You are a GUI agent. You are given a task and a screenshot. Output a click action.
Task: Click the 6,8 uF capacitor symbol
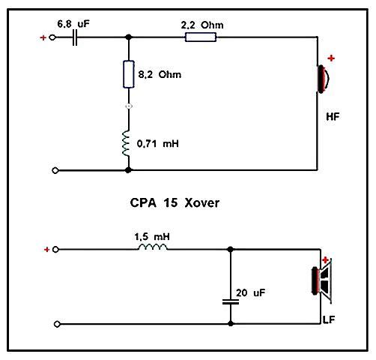pos(75,37)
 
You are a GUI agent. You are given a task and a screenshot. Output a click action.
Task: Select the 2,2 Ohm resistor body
pos(201,37)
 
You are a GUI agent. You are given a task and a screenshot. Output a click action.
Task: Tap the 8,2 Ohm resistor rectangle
pos(129,74)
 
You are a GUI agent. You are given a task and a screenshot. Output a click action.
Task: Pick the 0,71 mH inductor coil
pos(126,143)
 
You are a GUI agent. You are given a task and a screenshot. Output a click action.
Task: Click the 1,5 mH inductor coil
pos(153,247)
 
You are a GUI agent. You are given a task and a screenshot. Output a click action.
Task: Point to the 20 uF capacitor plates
pos(231,302)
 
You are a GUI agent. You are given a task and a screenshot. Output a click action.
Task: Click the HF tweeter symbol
pos(323,79)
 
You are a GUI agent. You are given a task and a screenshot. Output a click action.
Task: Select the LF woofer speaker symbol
pos(322,280)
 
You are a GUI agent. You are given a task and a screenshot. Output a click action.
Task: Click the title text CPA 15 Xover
pos(175,202)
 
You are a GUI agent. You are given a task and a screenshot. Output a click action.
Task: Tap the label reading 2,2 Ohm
pos(202,25)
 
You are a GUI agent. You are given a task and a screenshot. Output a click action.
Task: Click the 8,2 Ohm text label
pos(160,74)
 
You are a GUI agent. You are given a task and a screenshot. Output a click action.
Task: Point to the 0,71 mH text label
pos(158,144)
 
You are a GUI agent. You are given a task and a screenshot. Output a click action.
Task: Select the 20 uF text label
pos(250,292)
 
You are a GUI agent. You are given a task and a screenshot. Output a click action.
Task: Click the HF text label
pos(333,117)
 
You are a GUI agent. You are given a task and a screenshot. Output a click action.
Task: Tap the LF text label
pos(329,319)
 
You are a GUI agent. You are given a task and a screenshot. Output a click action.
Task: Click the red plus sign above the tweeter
pos(331,58)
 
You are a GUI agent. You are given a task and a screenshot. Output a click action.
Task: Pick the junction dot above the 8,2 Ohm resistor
pos(129,37)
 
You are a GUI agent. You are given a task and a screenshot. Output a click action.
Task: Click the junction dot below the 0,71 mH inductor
pos(128,170)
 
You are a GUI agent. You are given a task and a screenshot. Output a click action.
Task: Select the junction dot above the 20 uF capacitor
pos(231,249)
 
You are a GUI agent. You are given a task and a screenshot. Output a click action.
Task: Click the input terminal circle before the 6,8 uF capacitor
pos(52,37)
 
